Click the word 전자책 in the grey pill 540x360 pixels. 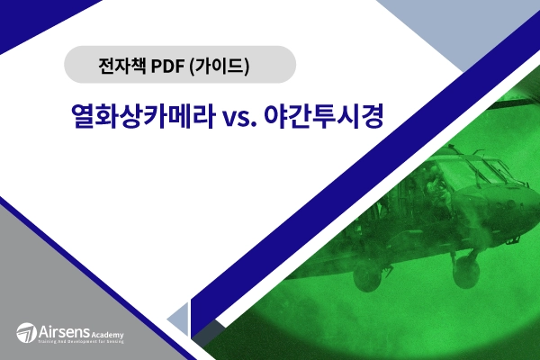[115, 66]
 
